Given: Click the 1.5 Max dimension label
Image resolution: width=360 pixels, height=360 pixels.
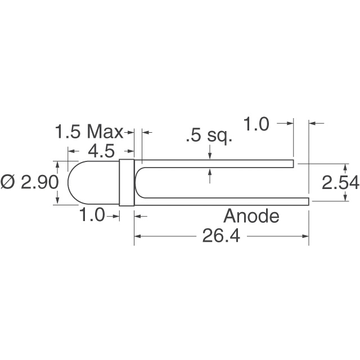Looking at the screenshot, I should (x=89, y=133).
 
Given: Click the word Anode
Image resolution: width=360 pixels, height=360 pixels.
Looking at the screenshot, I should (x=251, y=216).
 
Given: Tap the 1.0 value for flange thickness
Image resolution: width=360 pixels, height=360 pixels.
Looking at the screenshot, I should (x=92, y=215).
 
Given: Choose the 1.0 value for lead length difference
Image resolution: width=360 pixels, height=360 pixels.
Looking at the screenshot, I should (x=257, y=124).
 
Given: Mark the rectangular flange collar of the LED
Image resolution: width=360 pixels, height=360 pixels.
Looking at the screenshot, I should (x=127, y=183).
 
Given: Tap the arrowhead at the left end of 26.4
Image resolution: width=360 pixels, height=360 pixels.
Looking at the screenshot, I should (x=137, y=236).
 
